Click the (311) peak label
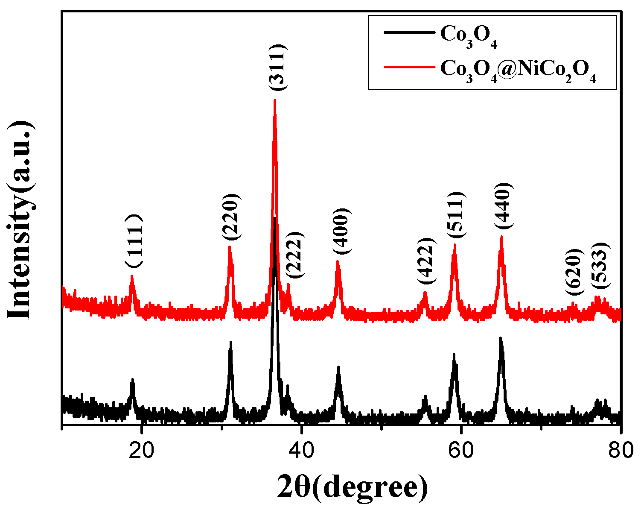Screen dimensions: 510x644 point(279,67)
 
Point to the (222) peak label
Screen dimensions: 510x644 point(294,255)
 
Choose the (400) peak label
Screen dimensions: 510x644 point(342,231)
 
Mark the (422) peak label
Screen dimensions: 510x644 point(427,261)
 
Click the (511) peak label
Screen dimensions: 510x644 point(457,216)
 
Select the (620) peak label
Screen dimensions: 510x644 point(574,272)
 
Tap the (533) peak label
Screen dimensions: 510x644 point(600,266)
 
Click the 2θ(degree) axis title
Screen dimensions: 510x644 point(352,487)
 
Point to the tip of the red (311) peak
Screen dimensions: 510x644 point(275,100)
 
